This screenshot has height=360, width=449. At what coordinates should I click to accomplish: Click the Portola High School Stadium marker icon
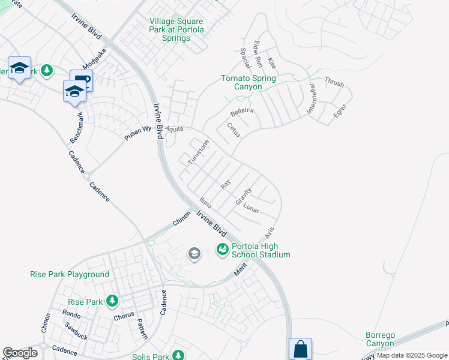223,248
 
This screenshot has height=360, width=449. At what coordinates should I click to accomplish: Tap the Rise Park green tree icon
112,301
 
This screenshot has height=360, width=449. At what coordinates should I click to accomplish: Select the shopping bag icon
300,349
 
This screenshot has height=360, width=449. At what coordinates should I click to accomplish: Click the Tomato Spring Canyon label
249,83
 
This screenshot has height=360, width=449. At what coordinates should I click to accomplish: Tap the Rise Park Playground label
70,275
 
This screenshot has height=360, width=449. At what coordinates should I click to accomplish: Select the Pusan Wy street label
137,134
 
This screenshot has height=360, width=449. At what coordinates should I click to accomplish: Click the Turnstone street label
198,152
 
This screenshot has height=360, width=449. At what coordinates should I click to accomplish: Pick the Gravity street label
244,197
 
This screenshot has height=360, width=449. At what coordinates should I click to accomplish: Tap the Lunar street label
251,208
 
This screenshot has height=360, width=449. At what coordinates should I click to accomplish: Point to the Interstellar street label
311,98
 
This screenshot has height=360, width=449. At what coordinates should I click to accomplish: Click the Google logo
20,353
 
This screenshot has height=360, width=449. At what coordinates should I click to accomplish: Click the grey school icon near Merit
194,254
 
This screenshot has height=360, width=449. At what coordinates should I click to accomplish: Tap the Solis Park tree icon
178,356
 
